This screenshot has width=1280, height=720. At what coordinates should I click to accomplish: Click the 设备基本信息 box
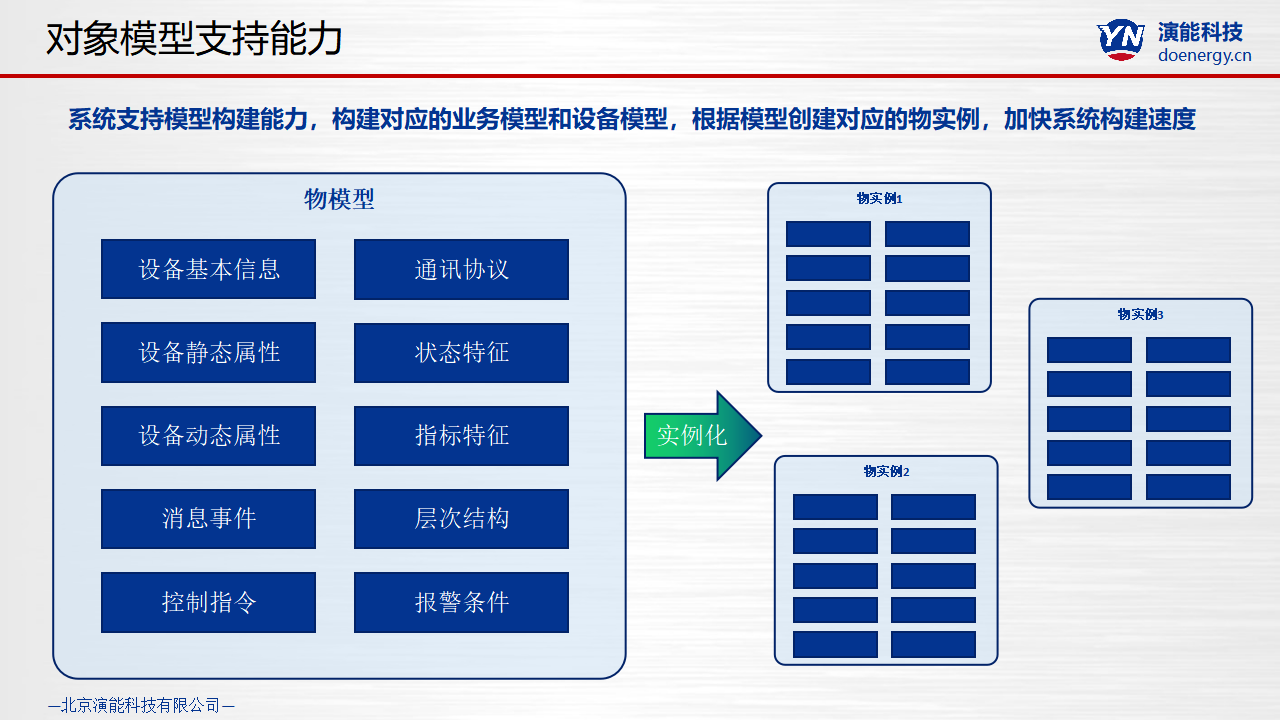(208, 269)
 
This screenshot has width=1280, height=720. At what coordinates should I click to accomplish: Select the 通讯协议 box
(461, 269)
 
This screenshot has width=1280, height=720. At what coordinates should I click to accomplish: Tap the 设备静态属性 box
(208, 352)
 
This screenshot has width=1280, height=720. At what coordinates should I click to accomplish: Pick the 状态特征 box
(461, 352)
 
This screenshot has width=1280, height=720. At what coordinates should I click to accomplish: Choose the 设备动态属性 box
(208, 435)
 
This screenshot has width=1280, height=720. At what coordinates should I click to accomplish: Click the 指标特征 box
(461, 435)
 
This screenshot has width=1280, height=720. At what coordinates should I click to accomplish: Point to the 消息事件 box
(208, 518)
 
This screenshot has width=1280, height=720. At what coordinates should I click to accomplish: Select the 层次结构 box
(461, 518)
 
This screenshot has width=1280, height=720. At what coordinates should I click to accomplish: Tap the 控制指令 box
(208, 602)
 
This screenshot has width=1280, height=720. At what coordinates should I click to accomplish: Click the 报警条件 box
(461, 602)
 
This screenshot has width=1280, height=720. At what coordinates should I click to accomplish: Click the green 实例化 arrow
(700, 436)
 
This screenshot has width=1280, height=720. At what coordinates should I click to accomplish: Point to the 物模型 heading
(339, 199)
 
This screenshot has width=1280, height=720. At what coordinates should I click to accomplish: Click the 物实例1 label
(879, 198)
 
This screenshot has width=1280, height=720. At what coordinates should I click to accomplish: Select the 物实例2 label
(886, 471)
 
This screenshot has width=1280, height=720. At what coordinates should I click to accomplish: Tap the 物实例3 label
(1140, 314)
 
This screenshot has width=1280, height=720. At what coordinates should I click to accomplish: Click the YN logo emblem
(1121, 39)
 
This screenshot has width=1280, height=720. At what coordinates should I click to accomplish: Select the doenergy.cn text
(1204, 56)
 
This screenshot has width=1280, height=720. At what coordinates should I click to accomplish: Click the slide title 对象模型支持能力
(194, 38)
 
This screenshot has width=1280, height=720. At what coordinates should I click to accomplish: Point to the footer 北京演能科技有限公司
(141, 705)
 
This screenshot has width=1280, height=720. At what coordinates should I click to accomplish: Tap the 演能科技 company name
(1200, 31)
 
